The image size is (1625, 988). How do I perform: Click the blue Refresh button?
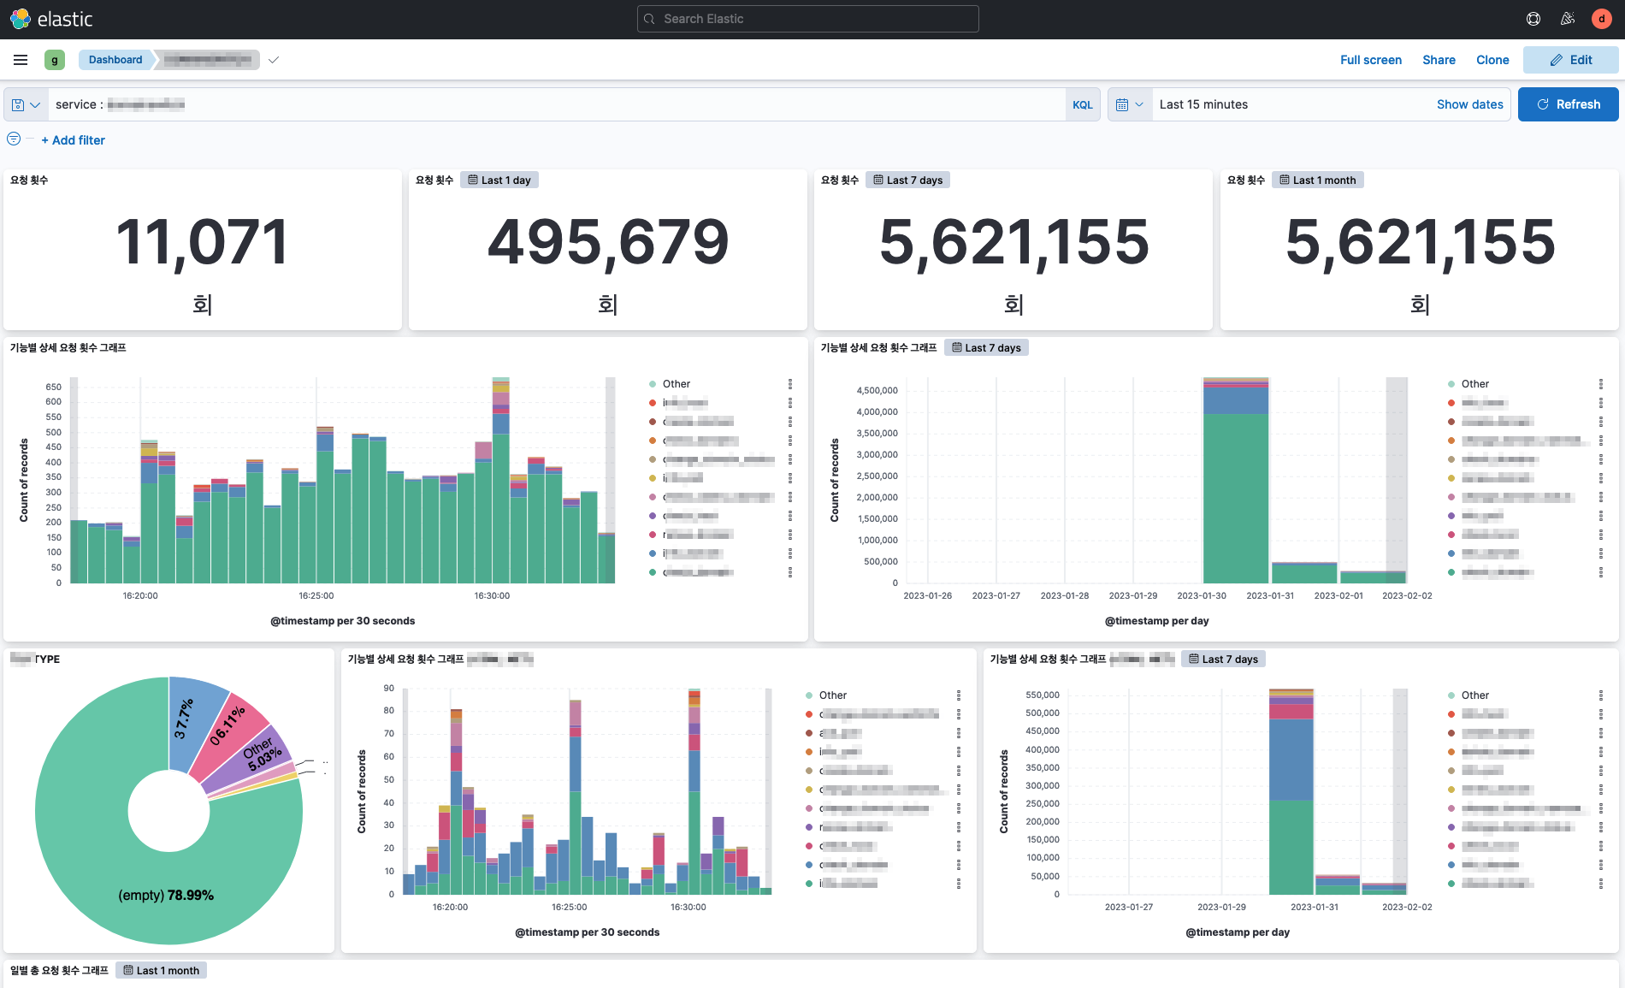[x=1568, y=104]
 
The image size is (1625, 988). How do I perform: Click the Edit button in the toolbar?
[x=1571, y=60]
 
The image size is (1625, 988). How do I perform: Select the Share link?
[x=1439, y=60]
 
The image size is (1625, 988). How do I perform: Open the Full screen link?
[x=1370, y=60]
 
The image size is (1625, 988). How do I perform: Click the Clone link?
[x=1492, y=60]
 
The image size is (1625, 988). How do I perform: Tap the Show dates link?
[x=1469, y=104]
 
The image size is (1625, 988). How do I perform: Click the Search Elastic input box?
[x=807, y=19]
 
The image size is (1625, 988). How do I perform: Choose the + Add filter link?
[x=74, y=140]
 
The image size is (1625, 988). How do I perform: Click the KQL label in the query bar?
[x=1082, y=105]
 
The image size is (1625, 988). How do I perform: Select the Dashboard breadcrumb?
[x=115, y=60]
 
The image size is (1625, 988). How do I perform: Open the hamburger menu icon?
[x=21, y=60]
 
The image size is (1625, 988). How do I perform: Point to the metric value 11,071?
[x=202, y=242]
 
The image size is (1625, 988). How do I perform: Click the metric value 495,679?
[x=607, y=242]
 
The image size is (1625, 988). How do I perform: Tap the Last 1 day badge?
[x=499, y=180]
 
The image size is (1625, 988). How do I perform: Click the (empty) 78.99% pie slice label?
[x=166, y=895]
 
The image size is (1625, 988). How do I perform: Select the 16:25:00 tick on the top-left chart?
[x=316, y=595]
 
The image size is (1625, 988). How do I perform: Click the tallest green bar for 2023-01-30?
[x=1235, y=496]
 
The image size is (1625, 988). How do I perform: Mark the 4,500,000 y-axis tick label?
[x=877, y=391]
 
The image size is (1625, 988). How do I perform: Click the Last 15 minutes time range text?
[x=1203, y=104]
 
